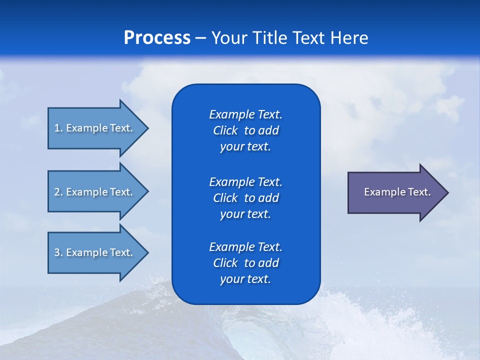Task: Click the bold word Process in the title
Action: pyautogui.click(x=157, y=38)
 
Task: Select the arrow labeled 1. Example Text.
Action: pyautogui.click(x=95, y=128)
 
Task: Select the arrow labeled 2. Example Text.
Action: pyautogui.click(x=95, y=192)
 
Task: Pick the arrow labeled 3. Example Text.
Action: pyautogui.click(x=95, y=252)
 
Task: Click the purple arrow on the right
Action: pyautogui.click(x=395, y=192)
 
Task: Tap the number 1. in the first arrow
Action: pyautogui.click(x=58, y=128)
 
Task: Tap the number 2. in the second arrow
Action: pyautogui.click(x=58, y=192)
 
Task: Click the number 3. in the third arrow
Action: pyautogui.click(x=58, y=252)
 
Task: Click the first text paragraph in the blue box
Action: pyautogui.click(x=245, y=130)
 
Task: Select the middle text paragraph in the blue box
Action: pyautogui.click(x=245, y=197)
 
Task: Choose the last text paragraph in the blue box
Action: pyautogui.click(x=245, y=263)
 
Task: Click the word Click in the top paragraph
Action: pyautogui.click(x=225, y=130)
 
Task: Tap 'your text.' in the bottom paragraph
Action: pyautogui.click(x=245, y=279)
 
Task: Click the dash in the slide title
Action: pyautogui.click(x=200, y=38)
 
